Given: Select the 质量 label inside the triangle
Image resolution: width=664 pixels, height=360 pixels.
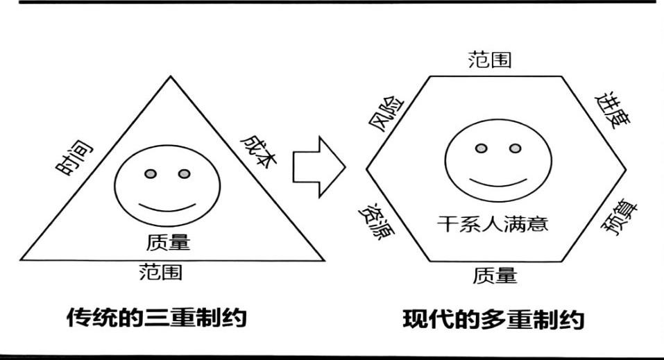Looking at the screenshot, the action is pos(169,243).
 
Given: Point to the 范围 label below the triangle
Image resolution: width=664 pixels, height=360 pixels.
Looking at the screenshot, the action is pos(161,271).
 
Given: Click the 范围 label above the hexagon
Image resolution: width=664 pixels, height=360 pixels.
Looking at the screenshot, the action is pos(490,60).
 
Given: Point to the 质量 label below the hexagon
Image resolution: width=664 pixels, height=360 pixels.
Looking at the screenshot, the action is pos(495,276).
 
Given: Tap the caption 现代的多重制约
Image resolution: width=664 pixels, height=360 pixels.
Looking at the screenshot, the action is pos(494,320).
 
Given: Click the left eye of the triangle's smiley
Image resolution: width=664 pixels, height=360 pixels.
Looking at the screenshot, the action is pos(150,173).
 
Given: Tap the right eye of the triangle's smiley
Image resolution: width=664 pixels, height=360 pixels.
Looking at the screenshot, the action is pos(183,173).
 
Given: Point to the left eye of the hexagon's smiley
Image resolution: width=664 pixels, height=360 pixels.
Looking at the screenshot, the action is pos(480,148).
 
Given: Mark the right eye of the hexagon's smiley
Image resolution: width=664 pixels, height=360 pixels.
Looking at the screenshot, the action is pos(514,148).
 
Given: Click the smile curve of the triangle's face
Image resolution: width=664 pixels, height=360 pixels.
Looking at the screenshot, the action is pos(167,207).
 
